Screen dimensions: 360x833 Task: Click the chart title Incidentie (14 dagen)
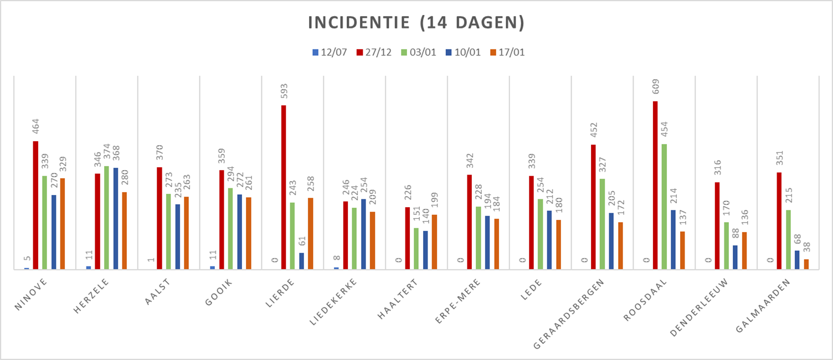coord(416,23)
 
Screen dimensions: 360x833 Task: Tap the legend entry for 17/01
coord(507,53)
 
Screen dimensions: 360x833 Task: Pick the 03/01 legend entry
coord(419,53)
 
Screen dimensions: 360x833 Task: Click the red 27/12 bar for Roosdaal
coord(655,185)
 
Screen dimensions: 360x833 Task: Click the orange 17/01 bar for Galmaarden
coord(806,264)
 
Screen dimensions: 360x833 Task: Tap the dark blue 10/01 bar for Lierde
coord(301,261)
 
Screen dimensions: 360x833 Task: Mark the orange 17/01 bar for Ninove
coord(62,224)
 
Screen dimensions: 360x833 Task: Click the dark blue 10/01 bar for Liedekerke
coord(363,234)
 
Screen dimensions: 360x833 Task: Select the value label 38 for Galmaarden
coord(806,248)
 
